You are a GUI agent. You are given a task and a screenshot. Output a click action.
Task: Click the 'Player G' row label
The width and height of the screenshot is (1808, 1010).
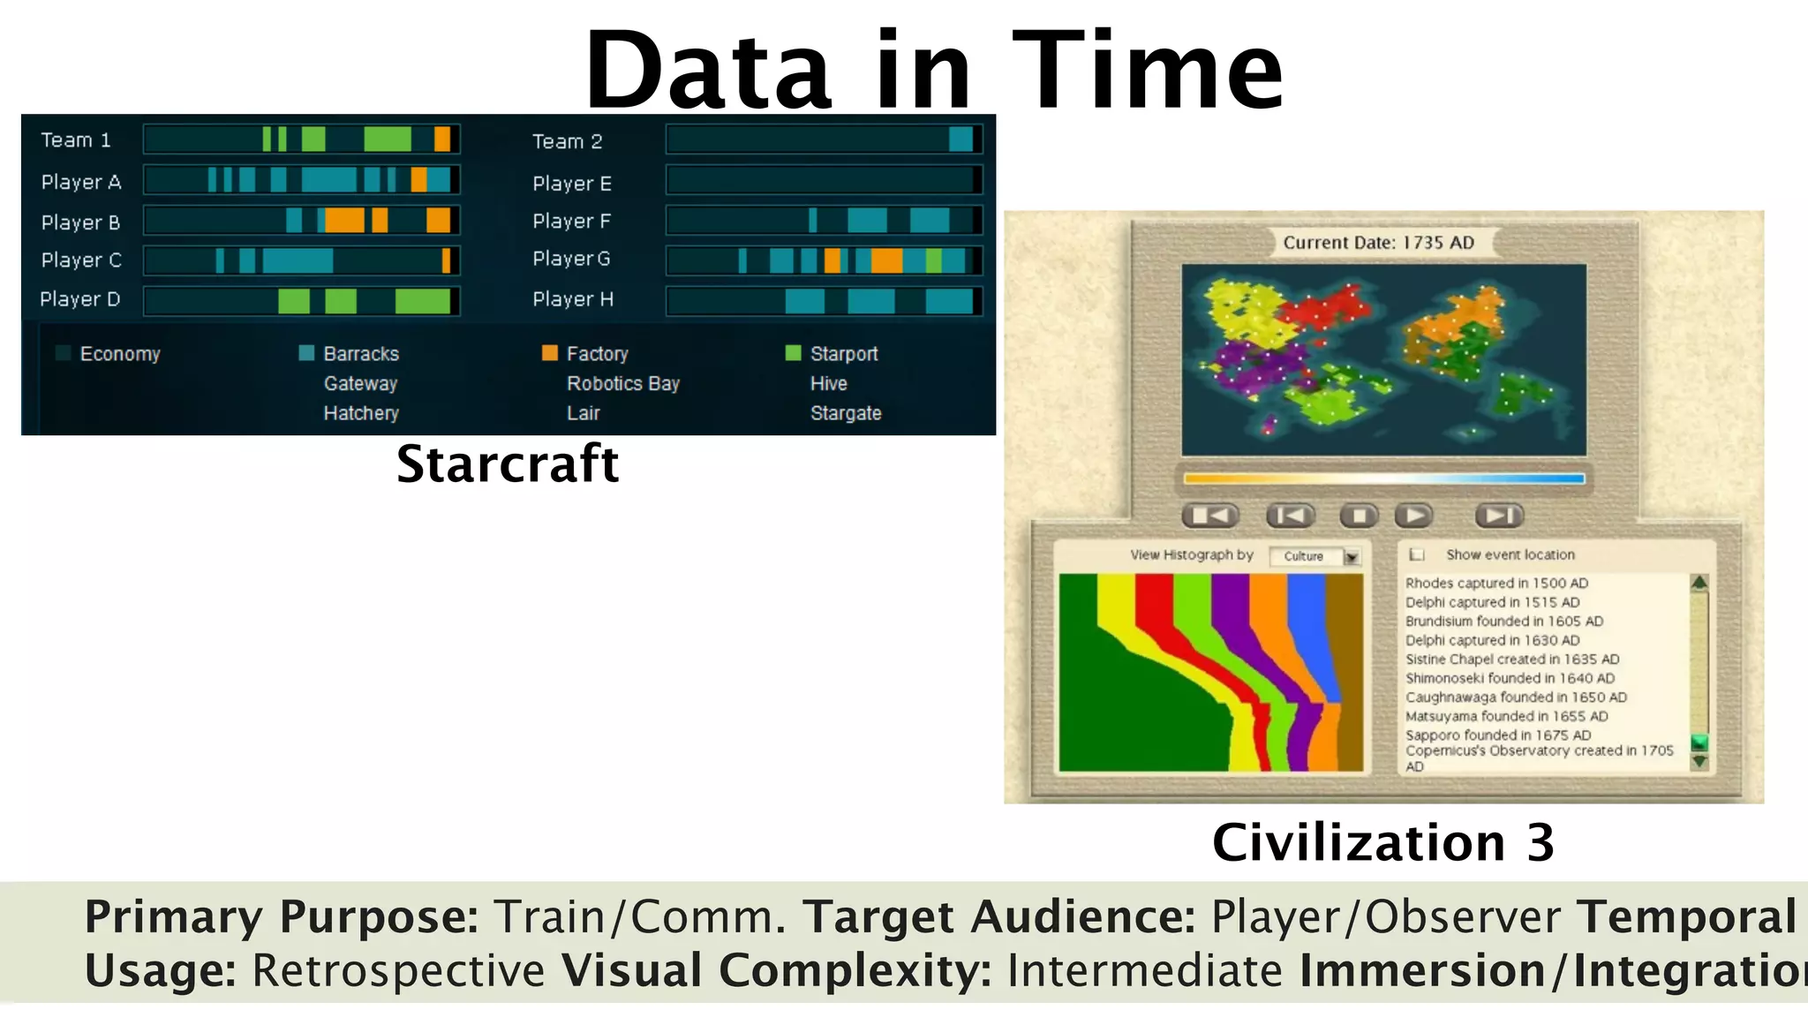571,259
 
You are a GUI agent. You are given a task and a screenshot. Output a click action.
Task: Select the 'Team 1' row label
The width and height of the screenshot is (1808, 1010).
76,140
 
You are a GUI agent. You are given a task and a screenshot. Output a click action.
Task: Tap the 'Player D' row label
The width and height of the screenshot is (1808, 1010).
79,299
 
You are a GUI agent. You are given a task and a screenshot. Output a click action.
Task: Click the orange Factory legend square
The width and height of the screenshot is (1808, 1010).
550,353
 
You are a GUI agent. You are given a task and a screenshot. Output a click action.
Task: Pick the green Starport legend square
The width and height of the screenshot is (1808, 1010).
793,353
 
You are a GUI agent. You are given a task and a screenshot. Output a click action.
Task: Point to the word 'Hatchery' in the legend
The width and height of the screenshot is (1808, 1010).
361,413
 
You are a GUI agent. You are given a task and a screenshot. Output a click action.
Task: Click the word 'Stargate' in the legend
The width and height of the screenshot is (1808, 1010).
845,413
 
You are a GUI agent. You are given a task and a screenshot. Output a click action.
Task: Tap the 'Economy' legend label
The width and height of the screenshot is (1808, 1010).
120,354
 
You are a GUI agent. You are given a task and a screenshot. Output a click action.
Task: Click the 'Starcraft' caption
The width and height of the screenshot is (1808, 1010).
507,464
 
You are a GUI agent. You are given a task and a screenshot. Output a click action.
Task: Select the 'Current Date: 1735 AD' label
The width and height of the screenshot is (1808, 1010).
1378,243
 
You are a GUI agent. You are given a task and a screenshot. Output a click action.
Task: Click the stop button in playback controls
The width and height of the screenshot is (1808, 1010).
1360,516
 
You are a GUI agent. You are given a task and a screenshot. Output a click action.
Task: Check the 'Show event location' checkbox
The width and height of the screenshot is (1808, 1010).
1417,554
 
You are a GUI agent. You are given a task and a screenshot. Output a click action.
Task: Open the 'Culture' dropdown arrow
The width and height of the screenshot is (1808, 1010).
1351,557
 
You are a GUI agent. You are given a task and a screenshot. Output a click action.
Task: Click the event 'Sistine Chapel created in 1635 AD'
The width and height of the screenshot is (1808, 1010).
1511,660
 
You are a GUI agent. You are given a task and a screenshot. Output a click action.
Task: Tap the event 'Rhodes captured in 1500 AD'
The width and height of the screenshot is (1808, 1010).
1496,584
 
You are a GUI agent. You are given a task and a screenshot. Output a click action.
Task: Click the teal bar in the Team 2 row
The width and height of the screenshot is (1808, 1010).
960,139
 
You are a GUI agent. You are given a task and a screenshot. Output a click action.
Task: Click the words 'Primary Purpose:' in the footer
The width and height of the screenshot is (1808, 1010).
281,916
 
